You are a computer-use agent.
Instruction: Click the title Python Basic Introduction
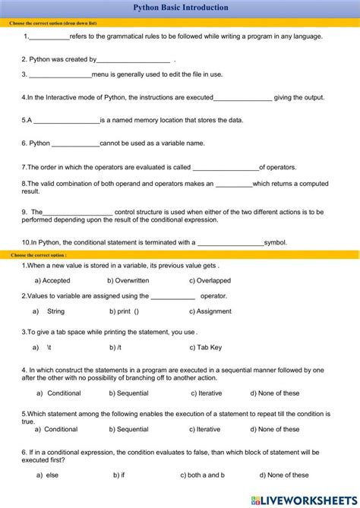click(x=180, y=8)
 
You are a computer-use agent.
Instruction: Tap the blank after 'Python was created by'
click(x=133, y=60)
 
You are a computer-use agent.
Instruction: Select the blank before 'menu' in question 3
click(x=60, y=75)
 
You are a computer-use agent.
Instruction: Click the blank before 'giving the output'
click(x=242, y=98)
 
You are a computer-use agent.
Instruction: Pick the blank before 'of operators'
click(x=226, y=168)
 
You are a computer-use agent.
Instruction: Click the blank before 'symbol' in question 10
click(x=230, y=244)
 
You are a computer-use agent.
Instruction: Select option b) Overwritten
click(x=128, y=280)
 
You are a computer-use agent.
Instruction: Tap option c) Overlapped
click(x=210, y=280)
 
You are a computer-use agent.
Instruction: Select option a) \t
click(x=43, y=347)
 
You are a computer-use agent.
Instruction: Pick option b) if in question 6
click(x=119, y=475)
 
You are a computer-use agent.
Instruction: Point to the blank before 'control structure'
click(x=77, y=213)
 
